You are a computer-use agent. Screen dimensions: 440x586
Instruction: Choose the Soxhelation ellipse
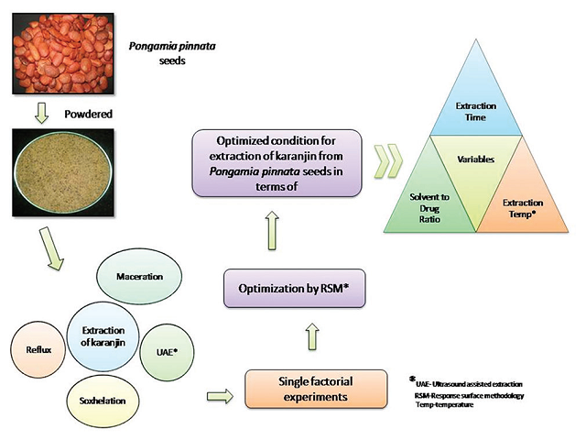point(106,401)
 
